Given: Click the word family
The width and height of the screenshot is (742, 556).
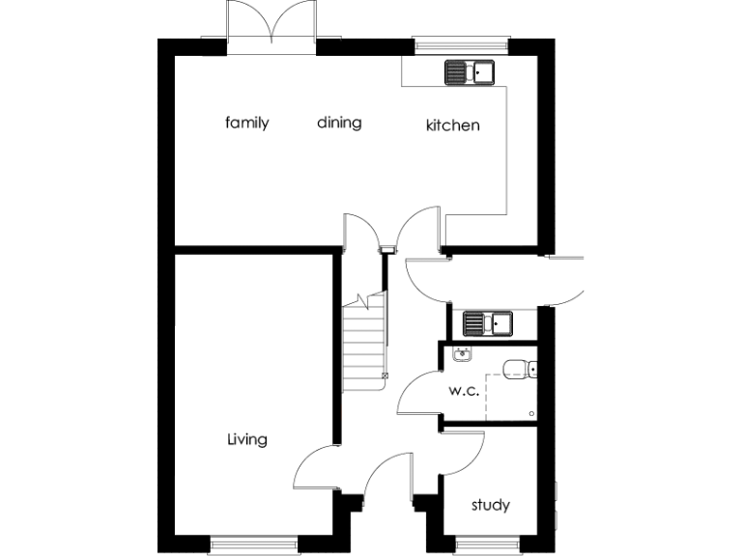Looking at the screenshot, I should pos(246,123).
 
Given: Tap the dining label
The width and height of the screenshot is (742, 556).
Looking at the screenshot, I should pos(339,123).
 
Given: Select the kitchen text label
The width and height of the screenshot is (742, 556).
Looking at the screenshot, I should pos(453,125).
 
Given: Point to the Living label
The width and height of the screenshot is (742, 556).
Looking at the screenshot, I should pos(246,440).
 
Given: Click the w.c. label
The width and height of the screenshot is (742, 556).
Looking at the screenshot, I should pos(465,392).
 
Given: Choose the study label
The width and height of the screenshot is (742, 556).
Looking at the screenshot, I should pos(490,505).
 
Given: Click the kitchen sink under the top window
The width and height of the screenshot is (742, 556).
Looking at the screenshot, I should pos(469,71).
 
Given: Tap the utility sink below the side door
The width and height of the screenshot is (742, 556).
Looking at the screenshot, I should pos(487,322).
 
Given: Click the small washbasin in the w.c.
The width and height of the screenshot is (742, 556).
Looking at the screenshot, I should pos(462,354).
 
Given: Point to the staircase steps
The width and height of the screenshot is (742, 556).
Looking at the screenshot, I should pos(363,343).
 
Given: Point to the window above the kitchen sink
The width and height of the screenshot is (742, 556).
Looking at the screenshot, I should pos(461,42).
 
